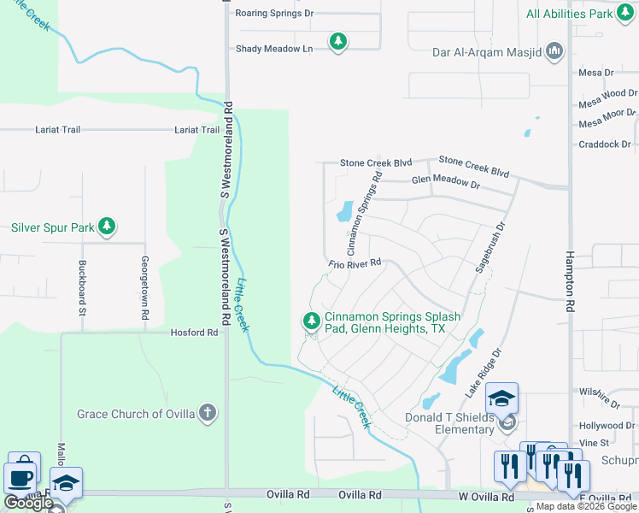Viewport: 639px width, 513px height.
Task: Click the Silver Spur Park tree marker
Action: point(107,227)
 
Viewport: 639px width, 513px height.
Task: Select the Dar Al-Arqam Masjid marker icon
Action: point(555,52)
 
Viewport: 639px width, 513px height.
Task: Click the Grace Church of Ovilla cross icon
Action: point(207,414)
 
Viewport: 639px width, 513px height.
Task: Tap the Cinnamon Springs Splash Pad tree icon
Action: point(311,321)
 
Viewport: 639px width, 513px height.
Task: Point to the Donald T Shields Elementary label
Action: point(449,423)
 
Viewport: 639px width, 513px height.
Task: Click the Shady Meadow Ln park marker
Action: point(338,41)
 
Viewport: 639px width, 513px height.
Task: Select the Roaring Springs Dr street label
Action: point(274,14)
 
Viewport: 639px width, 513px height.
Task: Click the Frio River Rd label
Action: point(354,265)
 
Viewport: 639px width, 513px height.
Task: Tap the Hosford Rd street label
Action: point(194,333)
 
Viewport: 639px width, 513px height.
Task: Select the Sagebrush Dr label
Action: point(490,248)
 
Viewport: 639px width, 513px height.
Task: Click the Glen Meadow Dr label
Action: point(446,181)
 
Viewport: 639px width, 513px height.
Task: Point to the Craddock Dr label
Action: point(604,144)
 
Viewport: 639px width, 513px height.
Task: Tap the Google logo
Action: point(28,503)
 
